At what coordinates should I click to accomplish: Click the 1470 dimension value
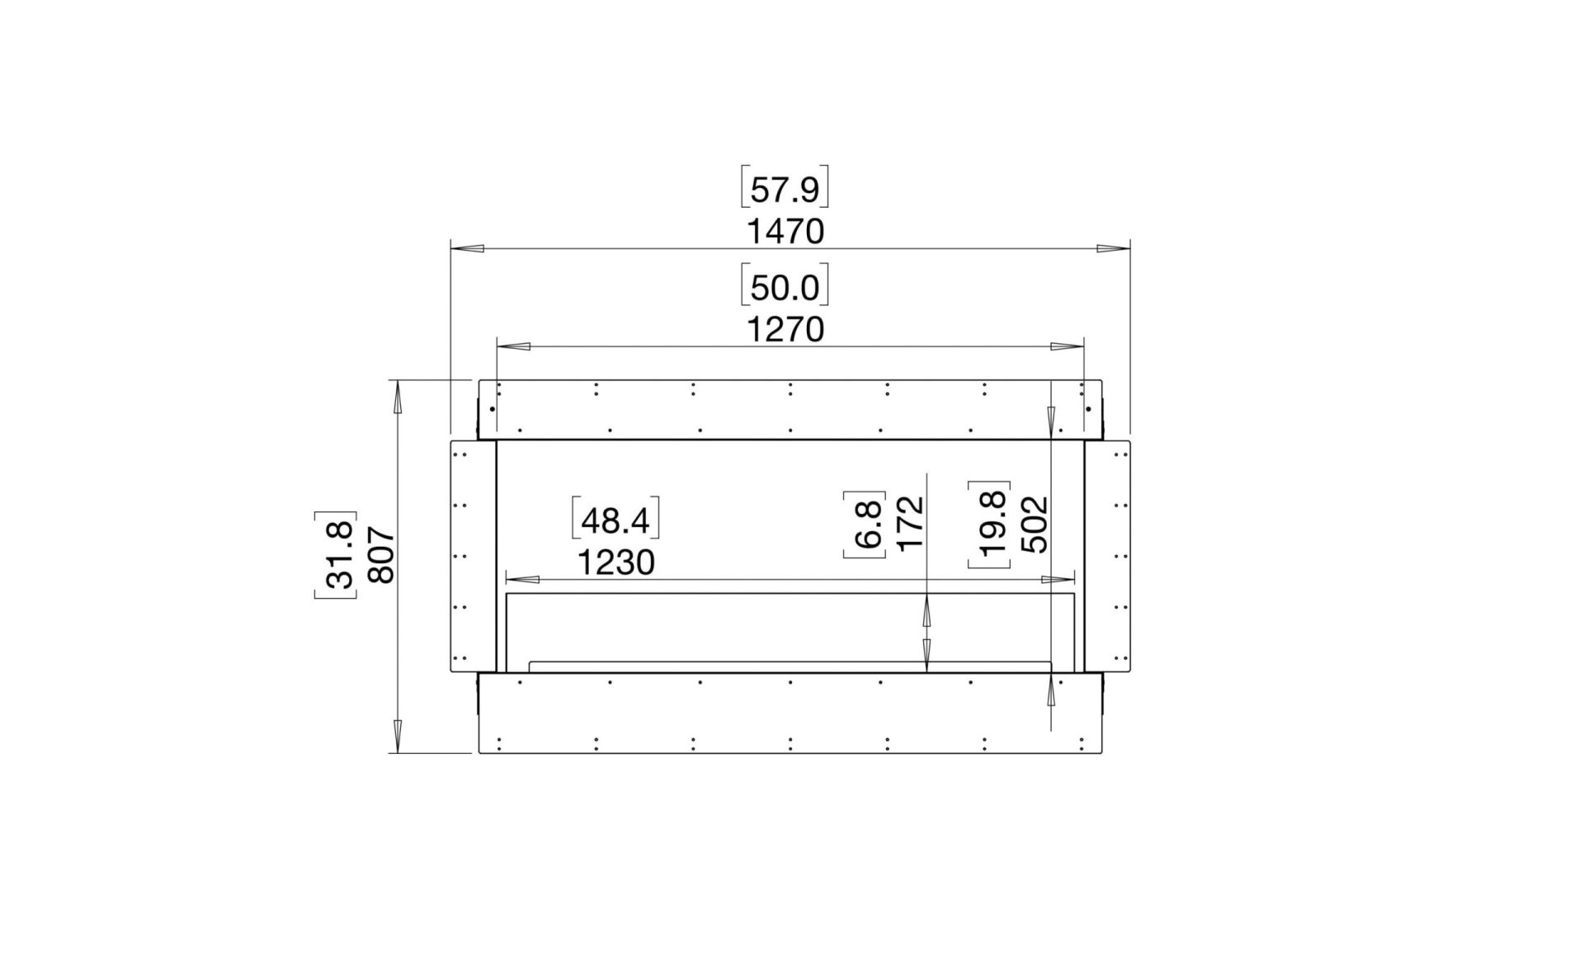coord(785,233)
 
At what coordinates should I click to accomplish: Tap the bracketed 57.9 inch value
coord(785,191)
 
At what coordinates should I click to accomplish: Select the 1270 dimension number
coord(785,330)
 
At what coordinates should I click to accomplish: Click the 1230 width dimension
coord(615,563)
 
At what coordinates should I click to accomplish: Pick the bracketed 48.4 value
coord(615,521)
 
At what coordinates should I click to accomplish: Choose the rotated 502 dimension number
coord(1034,524)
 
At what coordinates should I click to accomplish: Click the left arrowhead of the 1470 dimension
coord(467,248)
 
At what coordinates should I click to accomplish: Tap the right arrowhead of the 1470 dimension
coord(1113,248)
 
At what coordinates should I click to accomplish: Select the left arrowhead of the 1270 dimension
coord(513,347)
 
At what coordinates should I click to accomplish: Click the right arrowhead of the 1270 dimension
coord(1068,347)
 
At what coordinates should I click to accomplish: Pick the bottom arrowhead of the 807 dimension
coord(398,736)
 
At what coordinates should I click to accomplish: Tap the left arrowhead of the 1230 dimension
coord(522,580)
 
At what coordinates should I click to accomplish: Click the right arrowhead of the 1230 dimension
coord(1058,580)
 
